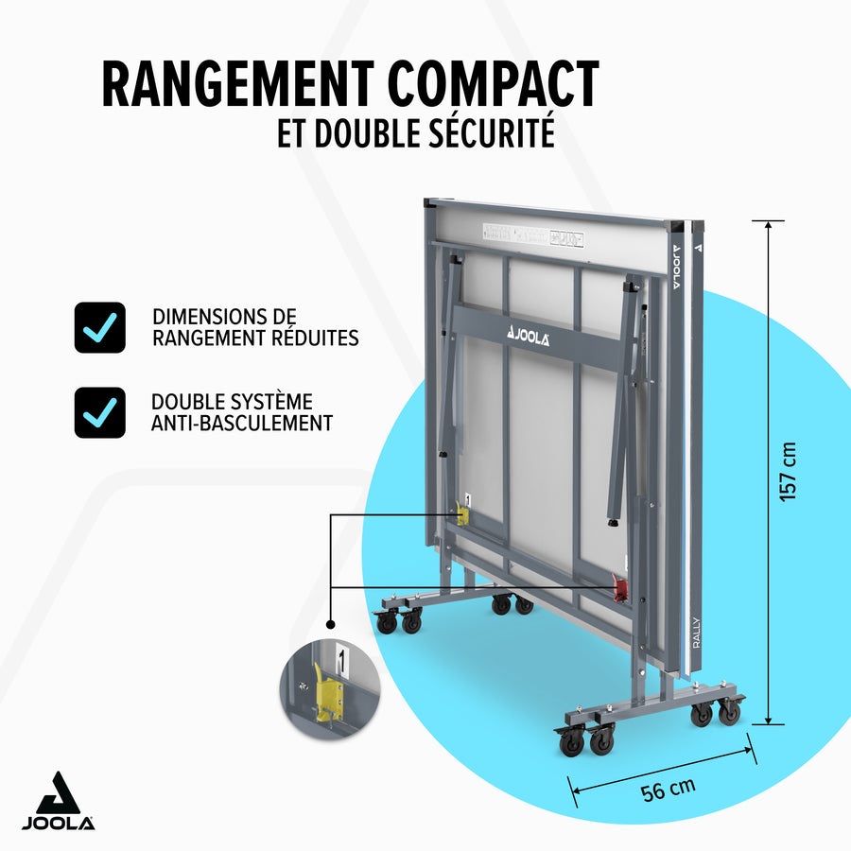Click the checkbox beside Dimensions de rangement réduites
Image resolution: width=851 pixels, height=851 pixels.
99,327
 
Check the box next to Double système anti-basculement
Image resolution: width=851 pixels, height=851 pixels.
99,412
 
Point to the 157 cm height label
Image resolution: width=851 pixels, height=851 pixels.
789,472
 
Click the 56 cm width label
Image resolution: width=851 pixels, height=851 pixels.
669,788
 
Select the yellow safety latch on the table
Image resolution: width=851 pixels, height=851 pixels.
462,513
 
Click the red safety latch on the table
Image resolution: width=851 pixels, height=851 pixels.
620,590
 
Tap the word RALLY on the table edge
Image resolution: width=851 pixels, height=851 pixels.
695,631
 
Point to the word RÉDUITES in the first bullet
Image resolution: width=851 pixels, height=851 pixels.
316,338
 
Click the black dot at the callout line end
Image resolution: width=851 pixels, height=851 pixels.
331,624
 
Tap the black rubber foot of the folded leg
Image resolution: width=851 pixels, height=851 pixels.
613,522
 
